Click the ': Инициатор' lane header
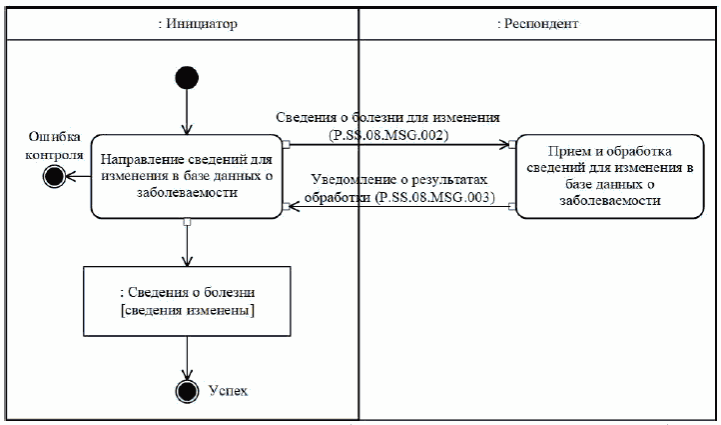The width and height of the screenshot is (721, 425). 198,23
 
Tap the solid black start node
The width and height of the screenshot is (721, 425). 187,78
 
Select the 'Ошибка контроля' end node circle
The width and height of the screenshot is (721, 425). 54,176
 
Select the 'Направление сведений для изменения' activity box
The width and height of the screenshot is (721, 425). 187,176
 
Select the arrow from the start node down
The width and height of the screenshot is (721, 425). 187,112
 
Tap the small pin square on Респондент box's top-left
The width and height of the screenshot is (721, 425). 513,144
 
